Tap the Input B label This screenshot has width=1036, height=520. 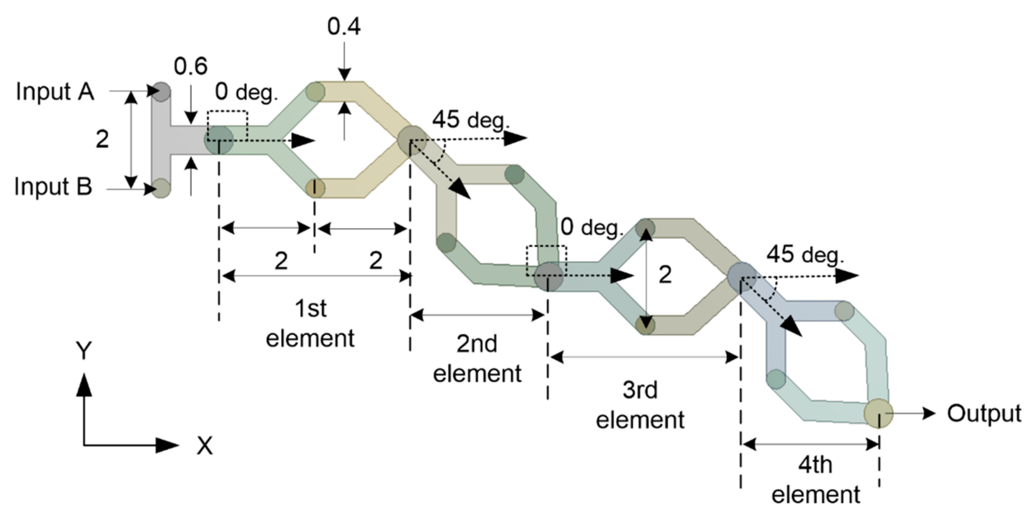pos(53,187)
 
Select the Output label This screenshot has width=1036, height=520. pos(984,413)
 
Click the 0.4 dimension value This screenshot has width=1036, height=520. pos(344,27)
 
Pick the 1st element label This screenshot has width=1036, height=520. pos(310,323)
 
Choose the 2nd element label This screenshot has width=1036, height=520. pos(477,358)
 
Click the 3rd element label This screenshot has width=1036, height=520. pos(640,405)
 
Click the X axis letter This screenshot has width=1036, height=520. pos(204,446)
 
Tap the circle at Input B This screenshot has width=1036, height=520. pos(161,188)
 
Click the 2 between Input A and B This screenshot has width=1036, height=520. pos(102,140)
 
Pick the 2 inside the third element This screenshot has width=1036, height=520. pos(665,275)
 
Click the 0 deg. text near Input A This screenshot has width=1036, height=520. pos(246,92)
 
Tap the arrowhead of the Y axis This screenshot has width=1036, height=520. pos(84,384)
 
